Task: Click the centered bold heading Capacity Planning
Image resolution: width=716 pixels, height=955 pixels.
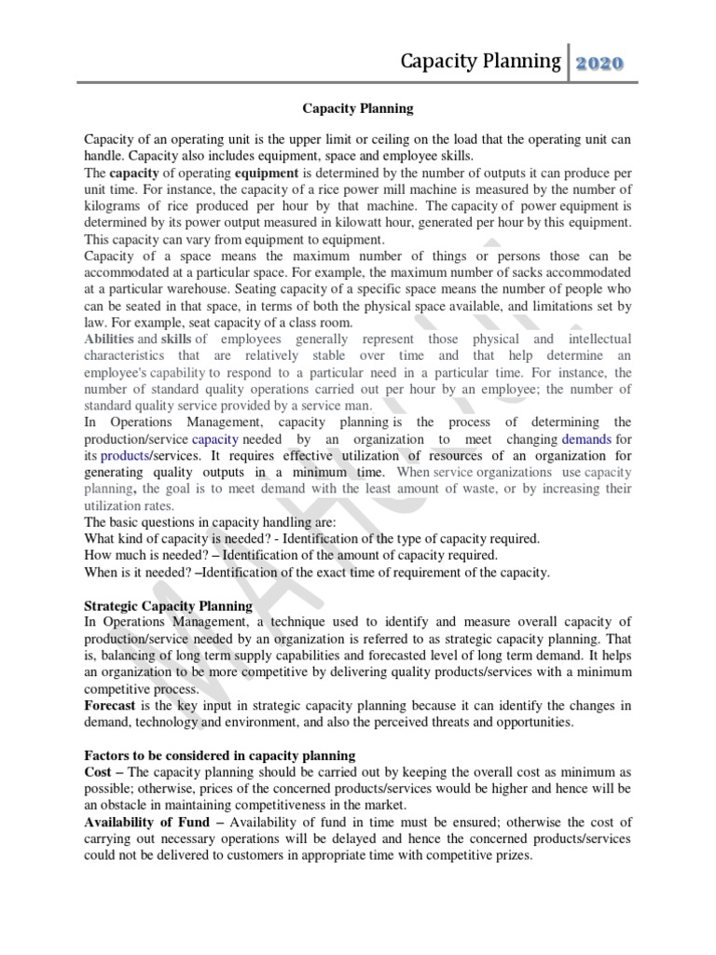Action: [x=358, y=109]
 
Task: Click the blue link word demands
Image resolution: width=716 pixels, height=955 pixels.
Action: [x=587, y=438]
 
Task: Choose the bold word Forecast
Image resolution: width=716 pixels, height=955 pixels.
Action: [x=111, y=706]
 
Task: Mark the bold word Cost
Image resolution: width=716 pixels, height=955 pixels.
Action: [x=99, y=772]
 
